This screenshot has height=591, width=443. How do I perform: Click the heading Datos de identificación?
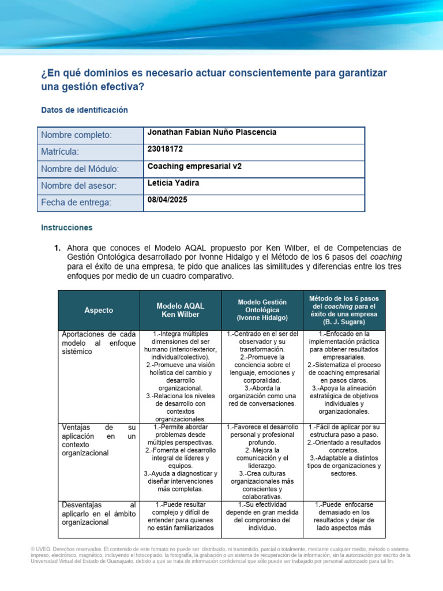[84, 110]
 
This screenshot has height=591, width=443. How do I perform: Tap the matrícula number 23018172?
[166, 149]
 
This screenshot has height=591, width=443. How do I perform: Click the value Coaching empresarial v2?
[194, 166]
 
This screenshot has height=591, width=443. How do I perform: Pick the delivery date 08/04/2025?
[167, 200]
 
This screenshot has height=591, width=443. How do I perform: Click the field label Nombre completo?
[76, 135]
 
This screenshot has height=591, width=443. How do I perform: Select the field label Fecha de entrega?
[76, 203]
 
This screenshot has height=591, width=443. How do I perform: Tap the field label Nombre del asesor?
[78, 186]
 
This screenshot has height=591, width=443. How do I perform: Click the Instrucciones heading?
[66, 228]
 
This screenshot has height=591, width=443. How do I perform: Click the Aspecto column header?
[99, 311]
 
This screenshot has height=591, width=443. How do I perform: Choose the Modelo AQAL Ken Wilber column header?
[181, 311]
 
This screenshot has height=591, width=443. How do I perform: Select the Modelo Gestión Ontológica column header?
[262, 311]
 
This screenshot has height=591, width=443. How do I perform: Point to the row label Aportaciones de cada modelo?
[98, 343]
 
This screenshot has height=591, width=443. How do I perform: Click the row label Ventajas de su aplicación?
[98, 440]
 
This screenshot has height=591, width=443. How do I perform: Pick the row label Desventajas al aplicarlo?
[98, 514]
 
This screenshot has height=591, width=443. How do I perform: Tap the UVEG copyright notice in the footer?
[221, 555]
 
